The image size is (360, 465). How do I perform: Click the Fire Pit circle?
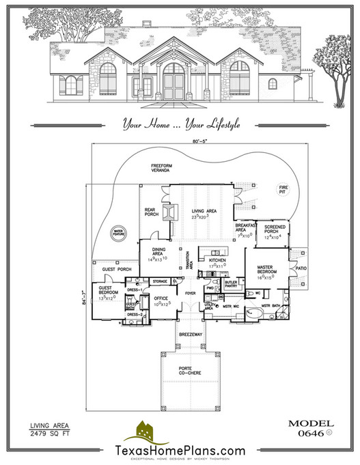click(281, 191)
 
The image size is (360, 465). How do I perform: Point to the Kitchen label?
click(217, 262)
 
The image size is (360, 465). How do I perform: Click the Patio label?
click(301, 268)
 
